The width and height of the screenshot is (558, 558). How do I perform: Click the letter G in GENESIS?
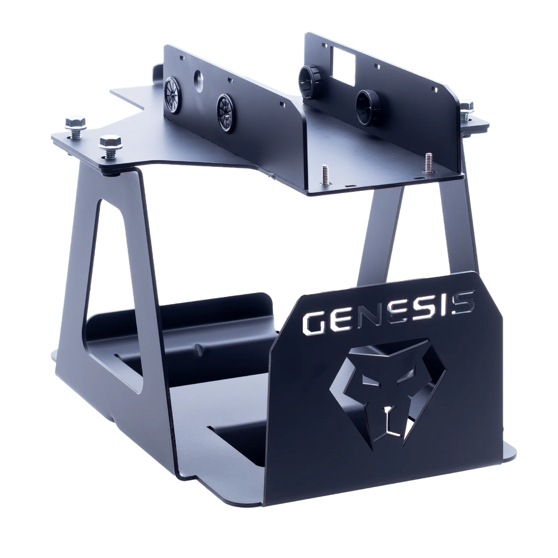coord(314,323)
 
